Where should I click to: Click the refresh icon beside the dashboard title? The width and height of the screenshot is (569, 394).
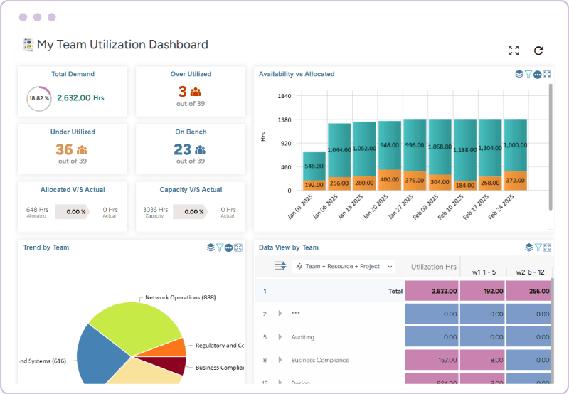click(x=538, y=50)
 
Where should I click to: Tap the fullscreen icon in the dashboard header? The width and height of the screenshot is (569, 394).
click(x=514, y=50)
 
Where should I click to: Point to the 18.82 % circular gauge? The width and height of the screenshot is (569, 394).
click(x=38, y=98)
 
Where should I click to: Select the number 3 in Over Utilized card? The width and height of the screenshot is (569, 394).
click(x=182, y=92)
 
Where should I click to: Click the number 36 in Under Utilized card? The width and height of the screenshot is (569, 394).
click(x=64, y=149)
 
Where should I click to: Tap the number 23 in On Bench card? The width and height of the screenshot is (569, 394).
click(x=182, y=149)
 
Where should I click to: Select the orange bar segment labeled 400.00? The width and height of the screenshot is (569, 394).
click(x=390, y=181)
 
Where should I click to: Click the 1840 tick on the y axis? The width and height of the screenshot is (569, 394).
click(x=284, y=96)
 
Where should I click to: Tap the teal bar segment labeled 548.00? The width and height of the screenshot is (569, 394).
click(x=314, y=165)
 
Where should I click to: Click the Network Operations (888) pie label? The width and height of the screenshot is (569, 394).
click(x=180, y=297)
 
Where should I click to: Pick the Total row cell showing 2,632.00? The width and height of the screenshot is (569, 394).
click(x=432, y=291)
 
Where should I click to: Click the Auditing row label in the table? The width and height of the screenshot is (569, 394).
click(x=302, y=337)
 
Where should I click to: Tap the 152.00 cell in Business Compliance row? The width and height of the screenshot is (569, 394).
click(x=432, y=360)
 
